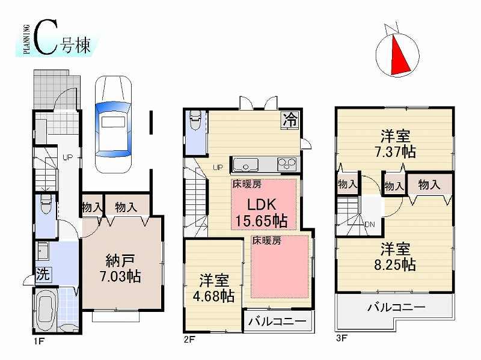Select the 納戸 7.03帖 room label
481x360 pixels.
(x=123, y=269)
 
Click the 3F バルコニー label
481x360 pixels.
(x=396, y=308)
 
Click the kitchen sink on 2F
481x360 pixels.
(x=247, y=163)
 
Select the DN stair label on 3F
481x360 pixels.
(x=370, y=225)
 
